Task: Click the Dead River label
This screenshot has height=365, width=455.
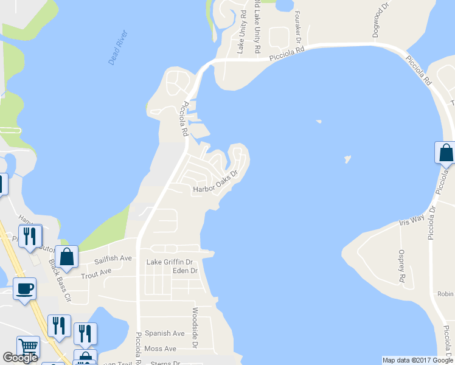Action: pos(118,47)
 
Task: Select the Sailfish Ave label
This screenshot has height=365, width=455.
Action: pos(113,259)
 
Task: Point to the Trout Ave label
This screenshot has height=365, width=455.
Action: pos(97,272)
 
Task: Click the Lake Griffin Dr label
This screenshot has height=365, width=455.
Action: pos(170,262)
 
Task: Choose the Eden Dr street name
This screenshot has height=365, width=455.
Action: pos(185,271)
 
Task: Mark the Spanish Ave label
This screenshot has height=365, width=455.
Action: pos(164,333)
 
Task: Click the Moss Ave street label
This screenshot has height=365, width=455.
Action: pos(161,349)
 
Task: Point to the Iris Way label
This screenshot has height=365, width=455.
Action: pos(412,220)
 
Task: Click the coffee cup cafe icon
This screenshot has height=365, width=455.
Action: pos(24,288)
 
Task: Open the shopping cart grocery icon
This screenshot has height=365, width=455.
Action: pos(28,347)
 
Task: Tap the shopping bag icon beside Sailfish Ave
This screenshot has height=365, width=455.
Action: pos(66,256)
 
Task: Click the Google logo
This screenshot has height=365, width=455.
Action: pos(20,358)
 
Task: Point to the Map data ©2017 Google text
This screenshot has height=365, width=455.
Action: pos(417,360)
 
